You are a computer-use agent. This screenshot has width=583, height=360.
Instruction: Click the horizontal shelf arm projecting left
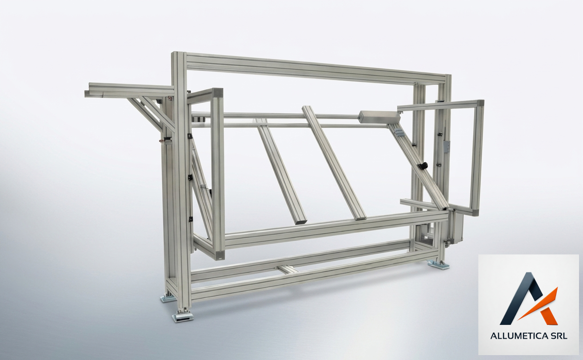(x=128, y=90)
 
